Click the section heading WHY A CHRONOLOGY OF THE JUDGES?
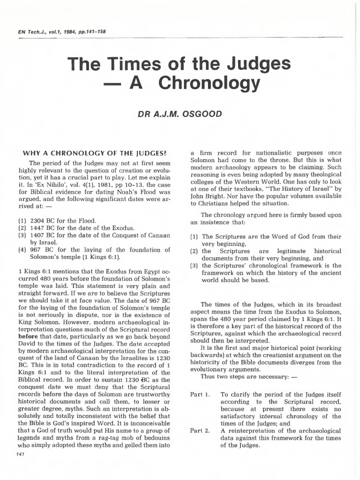click(92, 152)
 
